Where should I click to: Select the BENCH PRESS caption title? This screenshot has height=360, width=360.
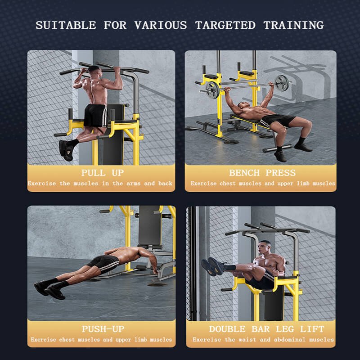pos(262,173)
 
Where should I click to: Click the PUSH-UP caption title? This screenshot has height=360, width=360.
pos(103,329)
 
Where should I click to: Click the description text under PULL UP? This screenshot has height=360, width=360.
pos(100,184)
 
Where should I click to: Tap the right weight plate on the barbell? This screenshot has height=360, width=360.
pos(282,85)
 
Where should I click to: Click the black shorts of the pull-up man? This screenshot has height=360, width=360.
pos(95,115)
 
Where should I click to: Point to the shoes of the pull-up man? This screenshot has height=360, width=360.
pos(66,150)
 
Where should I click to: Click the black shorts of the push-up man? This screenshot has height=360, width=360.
pos(103,264)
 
